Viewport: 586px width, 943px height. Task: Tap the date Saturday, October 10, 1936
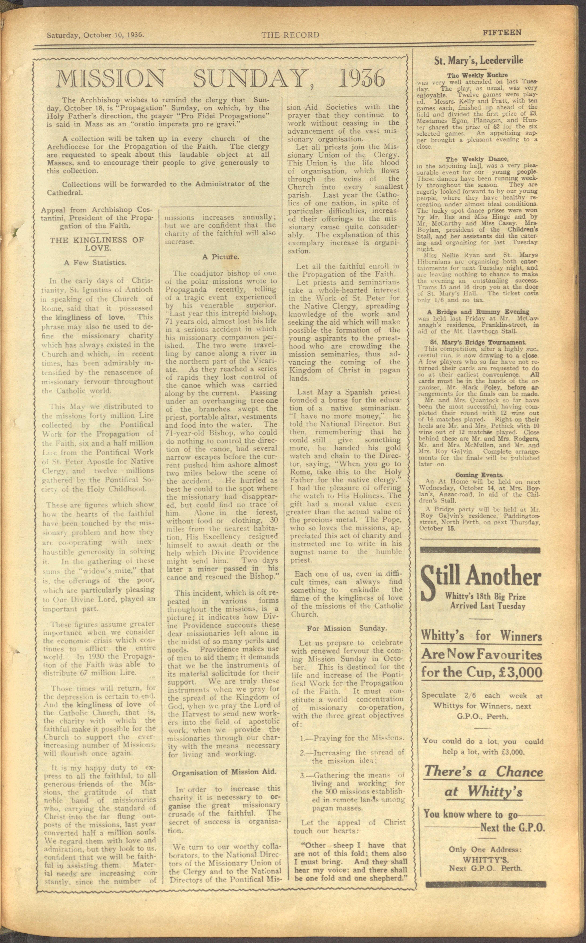point(95,35)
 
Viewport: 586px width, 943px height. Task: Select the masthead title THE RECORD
point(290,35)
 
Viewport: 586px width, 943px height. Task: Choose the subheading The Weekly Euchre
point(477,75)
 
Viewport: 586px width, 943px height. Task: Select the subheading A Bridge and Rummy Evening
point(478,312)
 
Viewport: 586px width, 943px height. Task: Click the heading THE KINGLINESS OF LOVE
point(97,244)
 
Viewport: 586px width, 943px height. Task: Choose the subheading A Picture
point(220,257)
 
